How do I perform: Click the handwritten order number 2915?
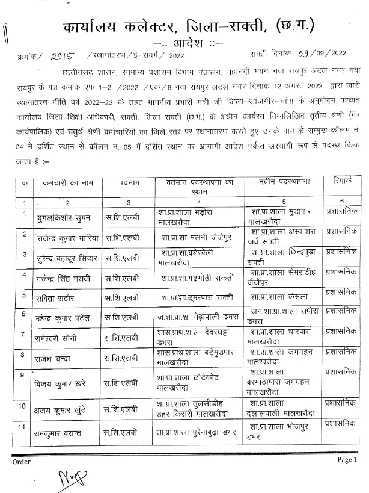(x=61, y=56)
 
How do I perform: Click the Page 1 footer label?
(x=347, y=459)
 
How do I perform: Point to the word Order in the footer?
(x=21, y=462)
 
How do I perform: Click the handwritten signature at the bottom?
(x=70, y=480)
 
